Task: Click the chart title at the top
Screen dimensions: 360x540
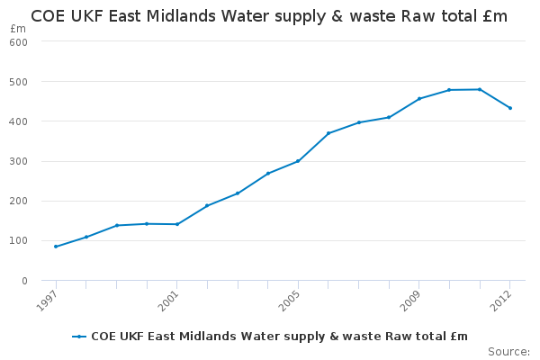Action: [x=269, y=16]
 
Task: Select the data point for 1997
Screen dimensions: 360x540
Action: [x=56, y=247]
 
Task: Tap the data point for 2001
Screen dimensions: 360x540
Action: [x=177, y=224]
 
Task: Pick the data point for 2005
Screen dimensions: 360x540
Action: [x=298, y=161]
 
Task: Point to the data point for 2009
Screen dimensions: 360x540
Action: [x=419, y=98]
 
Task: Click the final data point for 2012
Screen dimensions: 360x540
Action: [x=510, y=108]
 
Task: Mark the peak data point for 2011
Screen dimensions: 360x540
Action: [x=480, y=89]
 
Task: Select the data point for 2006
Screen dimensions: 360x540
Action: [x=328, y=133]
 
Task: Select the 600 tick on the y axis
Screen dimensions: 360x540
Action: [x=20, y=42]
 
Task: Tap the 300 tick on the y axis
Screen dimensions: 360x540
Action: [x=20, y=162]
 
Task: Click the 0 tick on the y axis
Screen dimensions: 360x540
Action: [x=24, y=281]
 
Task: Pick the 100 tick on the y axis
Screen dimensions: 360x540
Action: [x=20, y=241]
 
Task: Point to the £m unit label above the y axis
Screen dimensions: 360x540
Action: [x=19, y=29]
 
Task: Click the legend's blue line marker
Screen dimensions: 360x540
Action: [x=79, y=337]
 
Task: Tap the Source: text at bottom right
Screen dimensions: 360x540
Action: [x=508, y=351]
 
